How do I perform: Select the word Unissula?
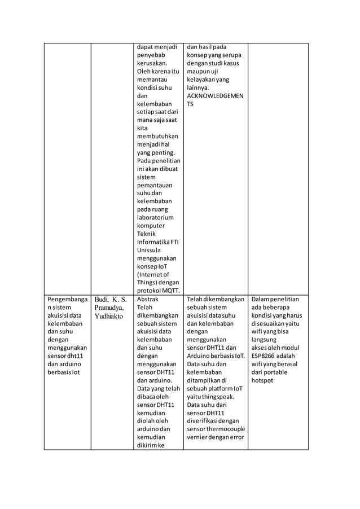click(149, 251)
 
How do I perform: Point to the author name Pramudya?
click(108, 308)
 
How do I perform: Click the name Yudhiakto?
click(108, 316)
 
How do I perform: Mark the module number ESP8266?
click(266, 357)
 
